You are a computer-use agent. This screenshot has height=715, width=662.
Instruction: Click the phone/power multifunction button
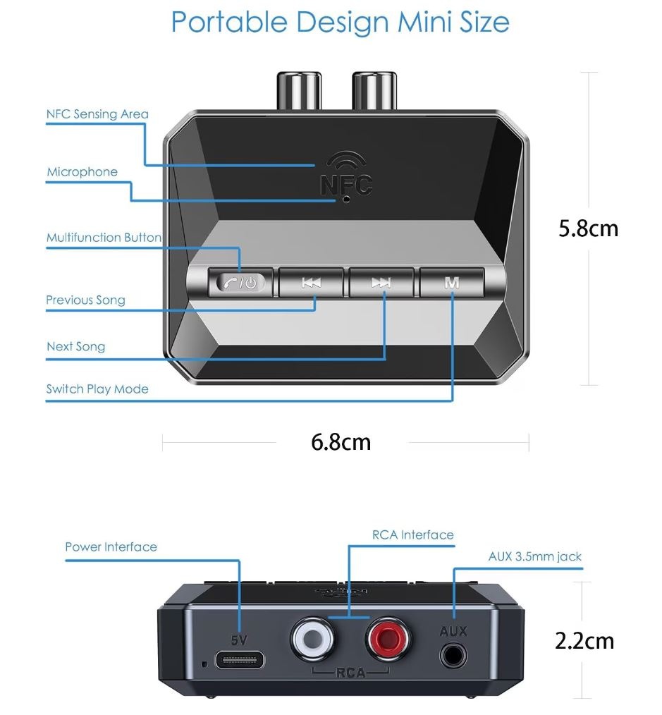tap(240, 283)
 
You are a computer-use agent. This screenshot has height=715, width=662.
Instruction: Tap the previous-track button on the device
tap(311, 283)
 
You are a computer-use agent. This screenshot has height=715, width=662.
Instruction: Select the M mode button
tap(451, 283)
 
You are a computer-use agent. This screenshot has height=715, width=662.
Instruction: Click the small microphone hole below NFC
tap(346, 199)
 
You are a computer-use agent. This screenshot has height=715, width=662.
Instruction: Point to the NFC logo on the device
tap(346, 174)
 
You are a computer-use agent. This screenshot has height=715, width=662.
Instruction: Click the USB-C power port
tap(240, 659)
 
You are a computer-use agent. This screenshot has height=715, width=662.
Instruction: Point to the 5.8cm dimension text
tap(588, 228)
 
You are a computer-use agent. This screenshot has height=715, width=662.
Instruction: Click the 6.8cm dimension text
tap(341, 442)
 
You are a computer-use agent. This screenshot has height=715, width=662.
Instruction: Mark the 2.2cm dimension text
tap(584, 641)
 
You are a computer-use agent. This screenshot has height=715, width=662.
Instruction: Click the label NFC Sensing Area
tap(97, 114)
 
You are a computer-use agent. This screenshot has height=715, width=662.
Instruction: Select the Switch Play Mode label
tap(97, 389)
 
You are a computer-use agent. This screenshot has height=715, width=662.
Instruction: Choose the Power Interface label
tap(111, 546)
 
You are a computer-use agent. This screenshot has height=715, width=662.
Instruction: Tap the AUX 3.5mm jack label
tap(535, 556)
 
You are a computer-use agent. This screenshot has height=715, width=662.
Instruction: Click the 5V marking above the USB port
tap(239, 640)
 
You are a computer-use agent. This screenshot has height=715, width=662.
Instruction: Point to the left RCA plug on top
tap(299, 90)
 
